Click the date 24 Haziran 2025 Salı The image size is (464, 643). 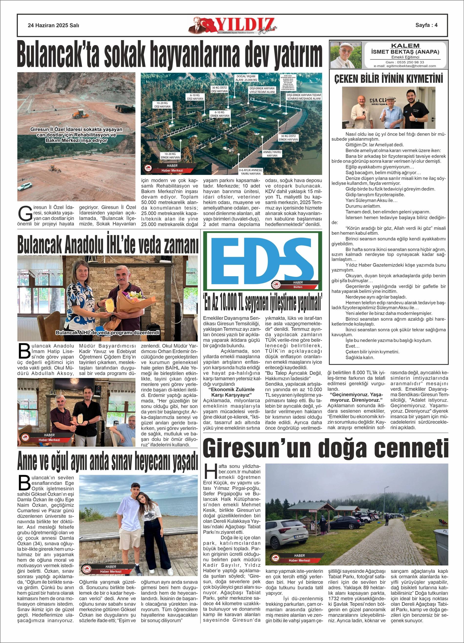53,25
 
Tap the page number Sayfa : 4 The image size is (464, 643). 426,25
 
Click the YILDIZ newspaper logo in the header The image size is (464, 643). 232,25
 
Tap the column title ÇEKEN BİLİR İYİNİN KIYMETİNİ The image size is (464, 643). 388,78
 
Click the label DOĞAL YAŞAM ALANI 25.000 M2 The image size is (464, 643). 246,78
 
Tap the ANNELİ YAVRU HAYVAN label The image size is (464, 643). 272,154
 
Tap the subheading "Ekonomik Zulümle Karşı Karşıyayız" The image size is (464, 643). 231,392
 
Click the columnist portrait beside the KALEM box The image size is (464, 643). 346,55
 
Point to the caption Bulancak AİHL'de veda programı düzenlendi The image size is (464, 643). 107,332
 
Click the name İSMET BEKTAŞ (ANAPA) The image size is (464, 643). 405,52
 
